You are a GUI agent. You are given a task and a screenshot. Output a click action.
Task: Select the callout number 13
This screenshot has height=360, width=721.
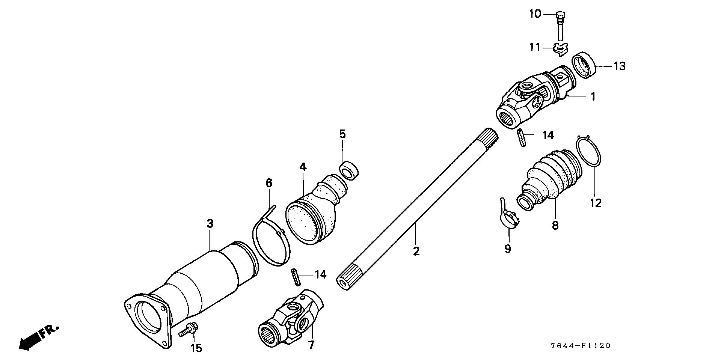620,66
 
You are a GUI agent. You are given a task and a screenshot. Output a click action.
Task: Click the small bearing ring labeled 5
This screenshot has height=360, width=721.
349,169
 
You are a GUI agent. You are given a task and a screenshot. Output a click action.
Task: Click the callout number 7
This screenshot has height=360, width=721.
311,345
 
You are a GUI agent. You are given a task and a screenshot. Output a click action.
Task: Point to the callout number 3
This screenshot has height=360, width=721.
210,224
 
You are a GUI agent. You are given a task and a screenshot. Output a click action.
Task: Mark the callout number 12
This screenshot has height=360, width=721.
596,203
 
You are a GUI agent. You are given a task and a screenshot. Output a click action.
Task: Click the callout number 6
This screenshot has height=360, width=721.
268,183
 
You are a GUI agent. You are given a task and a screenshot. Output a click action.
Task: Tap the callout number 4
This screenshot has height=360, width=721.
303,167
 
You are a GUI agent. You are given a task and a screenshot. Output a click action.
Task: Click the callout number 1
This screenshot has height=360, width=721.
593,96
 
